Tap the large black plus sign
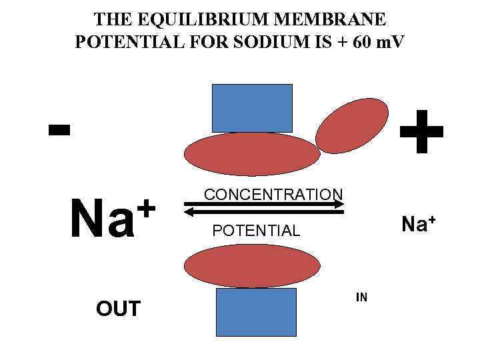pyautogui.click(x=420, y=132)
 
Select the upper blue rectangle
pyautogui.click(x=251, y=108)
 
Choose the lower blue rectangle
pyautogui.click(x=256, y=312)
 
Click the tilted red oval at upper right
pyautogui.click(x=351, y=127)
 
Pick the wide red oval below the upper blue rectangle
pyautogui.click(x=252, y=154)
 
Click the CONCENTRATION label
pyautogui.click(x=273, y=194)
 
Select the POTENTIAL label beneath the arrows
pyautogui.click(x=256, y=231)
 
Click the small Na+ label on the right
pyautogui.click(x=418, y=224)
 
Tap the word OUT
pyautogui.click(x=118, y=309)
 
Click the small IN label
pyautogui.click(x=361, y=297)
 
